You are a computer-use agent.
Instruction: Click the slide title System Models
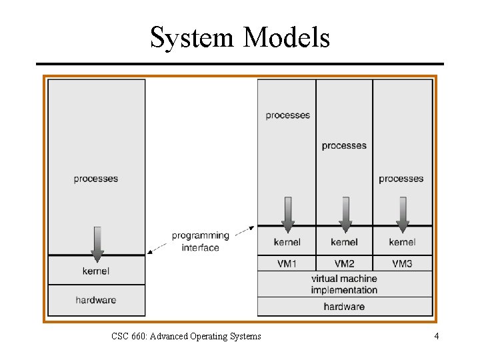(240, 37)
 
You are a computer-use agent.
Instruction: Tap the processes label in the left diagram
(96, 179)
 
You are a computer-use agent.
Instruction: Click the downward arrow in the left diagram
(97, 244)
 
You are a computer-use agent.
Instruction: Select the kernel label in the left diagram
(96, 271)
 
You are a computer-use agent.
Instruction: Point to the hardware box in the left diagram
(96, 300)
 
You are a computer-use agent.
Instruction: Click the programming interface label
(200, 241)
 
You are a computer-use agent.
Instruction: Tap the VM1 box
(287, 264)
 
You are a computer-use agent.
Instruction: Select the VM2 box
(344, 264)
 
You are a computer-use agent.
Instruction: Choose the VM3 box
(402, 264)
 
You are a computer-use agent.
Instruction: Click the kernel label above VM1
(287, 242)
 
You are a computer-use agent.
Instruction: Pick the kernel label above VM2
(344, 242)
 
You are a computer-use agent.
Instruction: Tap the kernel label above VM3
(402, 242)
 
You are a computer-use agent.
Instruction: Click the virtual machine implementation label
(344, 284)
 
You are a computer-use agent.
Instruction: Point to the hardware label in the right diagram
(344, 307)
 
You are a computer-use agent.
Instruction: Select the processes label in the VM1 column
(287, 115)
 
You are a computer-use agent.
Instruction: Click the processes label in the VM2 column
(344, 145)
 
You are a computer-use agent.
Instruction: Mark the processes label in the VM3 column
(401, 179)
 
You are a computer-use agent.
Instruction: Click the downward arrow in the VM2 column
(345, 213)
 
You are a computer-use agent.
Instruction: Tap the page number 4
(437, 336)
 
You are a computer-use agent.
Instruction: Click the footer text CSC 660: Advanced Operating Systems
(186, 336)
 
